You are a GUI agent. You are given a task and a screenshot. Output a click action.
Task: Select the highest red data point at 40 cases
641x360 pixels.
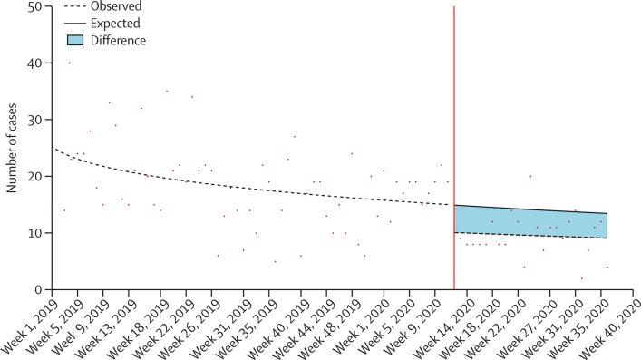click(69, 63)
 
